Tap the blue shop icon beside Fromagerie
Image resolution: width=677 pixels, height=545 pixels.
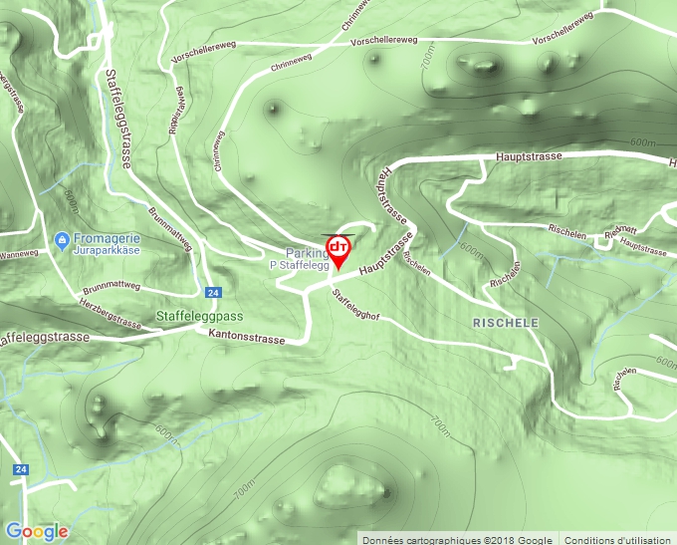click(x=62, y=240)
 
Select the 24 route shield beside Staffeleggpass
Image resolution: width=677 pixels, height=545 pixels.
click(x=213, y=293)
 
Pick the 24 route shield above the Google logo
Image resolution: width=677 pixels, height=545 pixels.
click(x=20, y=468)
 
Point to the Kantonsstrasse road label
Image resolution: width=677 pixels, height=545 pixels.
click(x=246, y=339)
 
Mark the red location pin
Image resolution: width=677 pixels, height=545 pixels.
click(x=338, y=250)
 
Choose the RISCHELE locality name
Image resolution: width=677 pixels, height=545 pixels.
click(x=505, y=324)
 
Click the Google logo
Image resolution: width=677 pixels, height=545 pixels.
click(x=37, y=531)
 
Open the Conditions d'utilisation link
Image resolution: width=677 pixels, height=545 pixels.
click(x=617, y=539)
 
